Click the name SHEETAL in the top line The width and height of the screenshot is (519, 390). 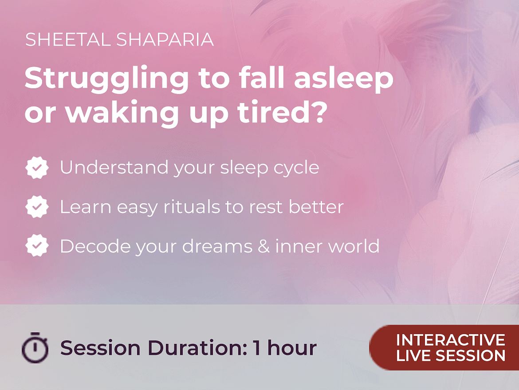click(x=67, y=40)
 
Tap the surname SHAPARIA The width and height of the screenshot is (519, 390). click(x=165, y=40)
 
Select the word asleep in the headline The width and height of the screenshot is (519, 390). click(x=344, y=79)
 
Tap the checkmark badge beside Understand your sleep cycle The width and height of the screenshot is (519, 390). click(x=37, y=168)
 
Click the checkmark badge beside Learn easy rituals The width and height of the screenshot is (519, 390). click(x=37, y=207)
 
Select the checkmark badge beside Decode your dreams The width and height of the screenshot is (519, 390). click(x=37, y=246)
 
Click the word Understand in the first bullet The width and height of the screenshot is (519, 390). click(x=114, y=168)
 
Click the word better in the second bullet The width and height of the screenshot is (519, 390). click(x=316, y=207)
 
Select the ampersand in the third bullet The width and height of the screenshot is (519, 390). click(x=264, y=246)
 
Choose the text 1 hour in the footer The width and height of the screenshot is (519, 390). click(x=285, y=348)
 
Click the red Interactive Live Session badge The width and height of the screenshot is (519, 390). click(x=444, y=347)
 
